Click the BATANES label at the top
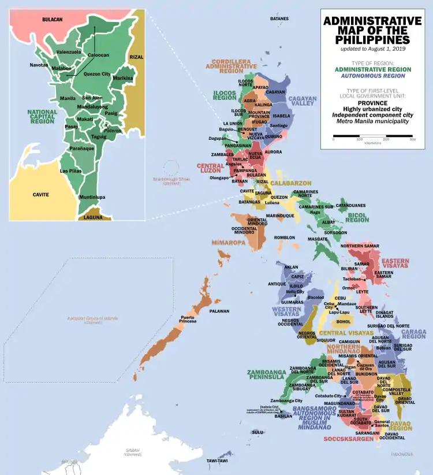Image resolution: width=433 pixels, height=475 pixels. tap(279, 19)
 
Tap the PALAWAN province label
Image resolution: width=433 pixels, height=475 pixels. tap(219, 311)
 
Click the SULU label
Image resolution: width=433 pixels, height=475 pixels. tap(257, 432)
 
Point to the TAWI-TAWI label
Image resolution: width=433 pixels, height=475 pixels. tap(217, 461)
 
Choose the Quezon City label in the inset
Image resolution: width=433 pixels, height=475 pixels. tap(97, 74)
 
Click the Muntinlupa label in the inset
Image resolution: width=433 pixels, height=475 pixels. tap(92, 197)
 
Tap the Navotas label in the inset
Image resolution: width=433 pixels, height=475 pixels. tap(39, 65)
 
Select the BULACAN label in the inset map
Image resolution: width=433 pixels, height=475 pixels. tap(52, 19)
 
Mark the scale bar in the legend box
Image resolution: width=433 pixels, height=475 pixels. tap(372, 136)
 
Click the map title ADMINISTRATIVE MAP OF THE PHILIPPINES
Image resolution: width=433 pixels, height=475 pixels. tap(372, 31)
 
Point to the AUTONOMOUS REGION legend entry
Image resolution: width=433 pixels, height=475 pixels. tap(372, 76)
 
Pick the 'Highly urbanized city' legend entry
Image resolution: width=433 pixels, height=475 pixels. tap(372, 109)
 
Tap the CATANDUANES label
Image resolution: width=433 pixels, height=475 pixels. tap(351, 205)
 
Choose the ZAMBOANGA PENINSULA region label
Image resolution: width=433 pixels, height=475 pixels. tap(267, 374)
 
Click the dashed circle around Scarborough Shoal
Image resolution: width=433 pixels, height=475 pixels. tap(171, 168)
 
